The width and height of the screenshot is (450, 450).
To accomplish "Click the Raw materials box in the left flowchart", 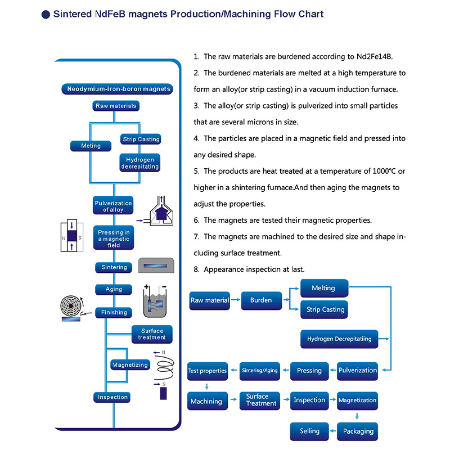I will [x=115, y=106].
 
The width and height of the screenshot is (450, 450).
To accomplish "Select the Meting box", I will [x=91, y=146].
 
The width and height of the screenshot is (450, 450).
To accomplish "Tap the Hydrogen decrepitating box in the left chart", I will [x=140, y=163].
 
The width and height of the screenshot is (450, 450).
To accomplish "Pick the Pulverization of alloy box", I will [x=113, y=206].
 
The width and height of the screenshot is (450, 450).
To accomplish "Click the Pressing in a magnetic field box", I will [x=113, y=238].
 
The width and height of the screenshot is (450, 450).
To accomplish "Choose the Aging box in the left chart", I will [x=113, y=289].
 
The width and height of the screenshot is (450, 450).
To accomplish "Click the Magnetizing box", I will [x=130, y=364].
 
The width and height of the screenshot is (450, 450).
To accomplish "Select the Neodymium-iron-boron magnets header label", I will [x=118, y=89].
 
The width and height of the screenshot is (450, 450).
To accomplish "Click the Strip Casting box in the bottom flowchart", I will [x=325, y=309].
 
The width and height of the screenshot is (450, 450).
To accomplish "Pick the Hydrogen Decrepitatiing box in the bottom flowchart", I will [x=339, y=339].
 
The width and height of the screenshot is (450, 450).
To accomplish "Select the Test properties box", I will [x=208, y=371].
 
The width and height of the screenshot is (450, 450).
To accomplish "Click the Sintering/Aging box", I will [x=260, y=371].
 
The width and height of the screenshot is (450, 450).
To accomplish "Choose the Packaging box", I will [x=358, y=431].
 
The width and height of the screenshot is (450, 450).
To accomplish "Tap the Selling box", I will [x=309, y=431].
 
